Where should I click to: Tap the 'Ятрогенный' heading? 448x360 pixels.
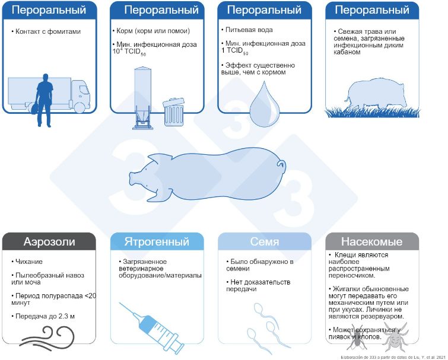click(x=157, y=242)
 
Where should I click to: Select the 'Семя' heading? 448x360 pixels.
click(x=265, y=242)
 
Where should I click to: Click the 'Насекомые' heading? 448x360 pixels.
click(x=372, y=242)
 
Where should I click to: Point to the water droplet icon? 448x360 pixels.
click(x=260, y=101)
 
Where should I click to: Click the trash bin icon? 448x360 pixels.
click(x=173, y=111)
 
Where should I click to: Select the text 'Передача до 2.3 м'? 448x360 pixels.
click(x=47, y=316)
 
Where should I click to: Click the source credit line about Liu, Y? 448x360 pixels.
click(x=392, y=356)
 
